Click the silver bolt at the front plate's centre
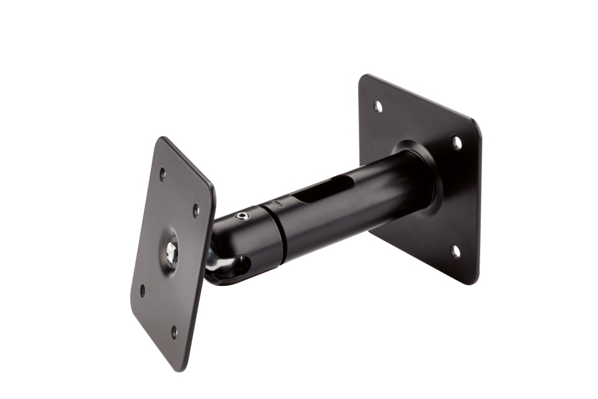[172, 251]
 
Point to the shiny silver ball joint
[215, 263]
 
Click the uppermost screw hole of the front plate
[162, 174]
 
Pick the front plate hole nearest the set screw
[196, 210]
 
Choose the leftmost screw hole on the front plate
[142, 291]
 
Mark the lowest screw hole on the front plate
[174, 331]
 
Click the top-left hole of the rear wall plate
[378, 106]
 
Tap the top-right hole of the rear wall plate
[457, 142]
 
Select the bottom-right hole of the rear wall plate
[455, 251]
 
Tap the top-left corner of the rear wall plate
[363, 77]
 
